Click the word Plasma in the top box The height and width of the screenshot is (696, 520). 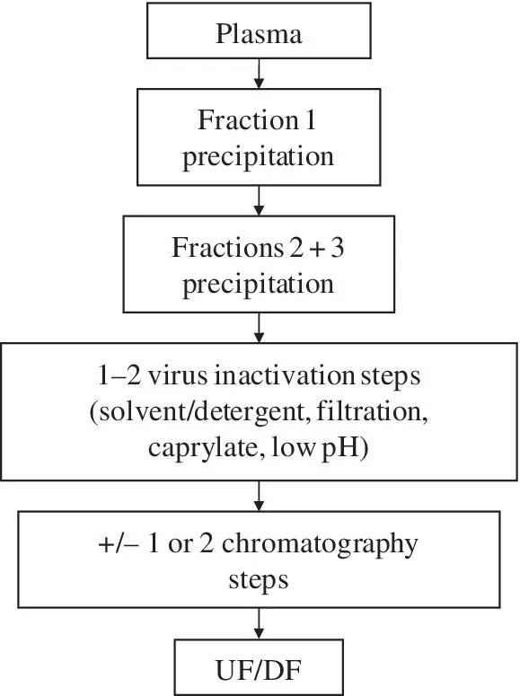pos(259,37)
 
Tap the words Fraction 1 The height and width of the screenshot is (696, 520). pos(259,120)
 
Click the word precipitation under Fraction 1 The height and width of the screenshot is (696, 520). pos(259,156)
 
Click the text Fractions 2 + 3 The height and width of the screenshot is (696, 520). pos(259,248)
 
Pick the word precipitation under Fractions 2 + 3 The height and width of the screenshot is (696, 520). pos(259,285)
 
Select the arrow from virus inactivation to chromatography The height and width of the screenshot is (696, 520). pos(259,493)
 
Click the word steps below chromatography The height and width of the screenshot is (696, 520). pos(259,579)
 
